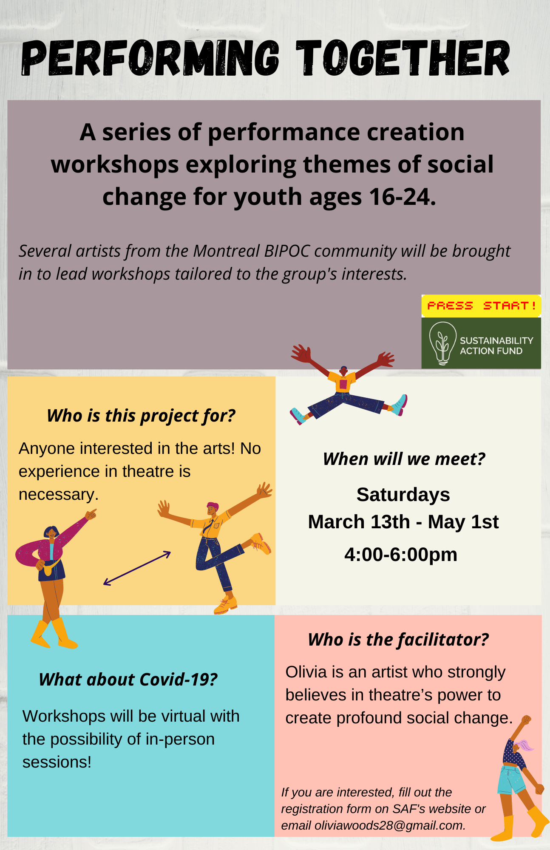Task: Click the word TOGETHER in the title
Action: click(403, 58)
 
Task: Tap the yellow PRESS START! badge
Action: click(481, 306)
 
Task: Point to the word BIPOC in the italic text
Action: click(287, 251)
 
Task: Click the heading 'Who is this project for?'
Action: click(141, 416)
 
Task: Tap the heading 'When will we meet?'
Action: click(404, 459)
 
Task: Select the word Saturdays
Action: click(403, 495)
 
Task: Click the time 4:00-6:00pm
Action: click(401, 555)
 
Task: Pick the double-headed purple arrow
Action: click(137, 568)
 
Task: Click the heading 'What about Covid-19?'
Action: click(128, 680)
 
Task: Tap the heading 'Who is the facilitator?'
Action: click(398, 640)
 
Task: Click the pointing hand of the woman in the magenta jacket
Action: click(91, 515)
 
